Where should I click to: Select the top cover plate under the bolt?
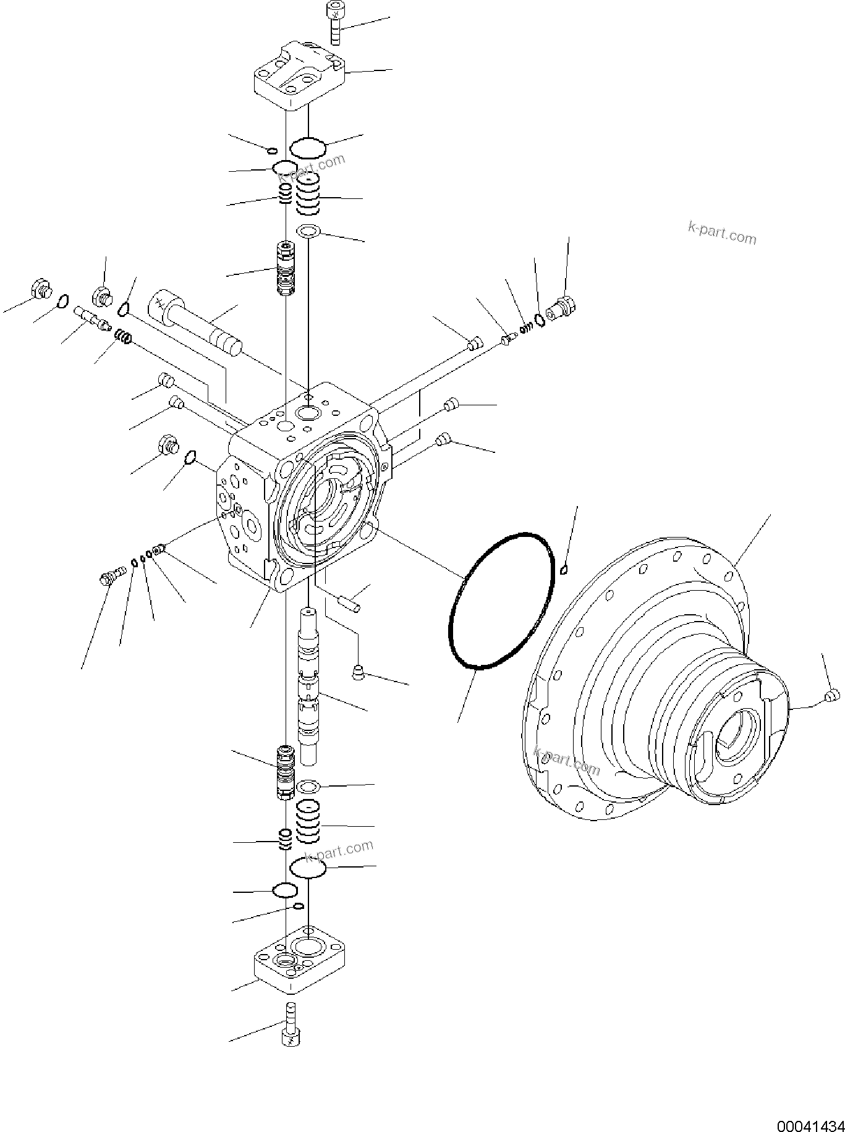pos(299,76)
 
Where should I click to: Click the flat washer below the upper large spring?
pos(307,231)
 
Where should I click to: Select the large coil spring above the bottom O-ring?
pos(308,822)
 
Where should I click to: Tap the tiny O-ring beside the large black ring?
pos(563,570)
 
